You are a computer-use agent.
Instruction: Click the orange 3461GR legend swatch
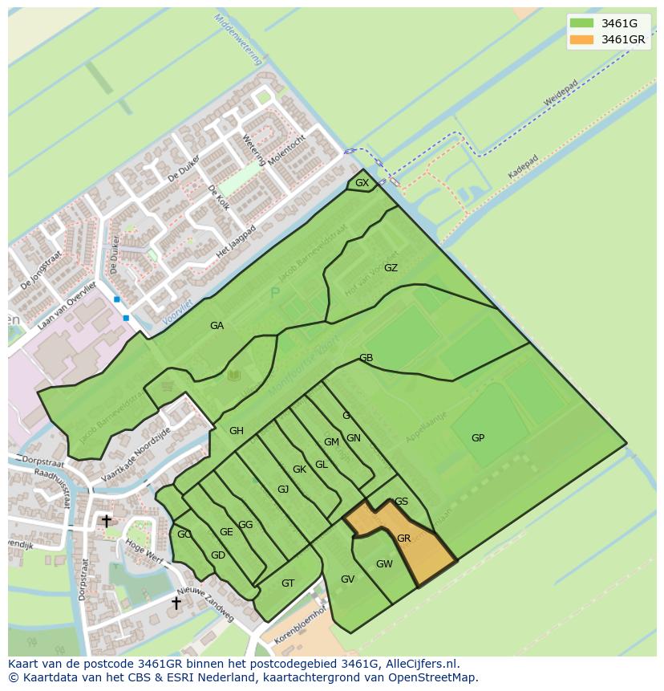pyautogui.click(x=582, y=39)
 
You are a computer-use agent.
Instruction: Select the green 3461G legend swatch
pyautogui.click(x=582, y=22)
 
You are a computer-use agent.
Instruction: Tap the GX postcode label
pyautogui.click(x=362, y=183)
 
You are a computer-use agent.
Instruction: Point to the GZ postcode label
pyautogui.click(x=391, y=268)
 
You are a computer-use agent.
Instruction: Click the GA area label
pyautogui.click(x=217, y=325)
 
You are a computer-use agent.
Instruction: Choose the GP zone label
pyautogui.click(x=478, y=438)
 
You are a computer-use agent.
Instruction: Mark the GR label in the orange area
pyautogui.click(x=403, y=538)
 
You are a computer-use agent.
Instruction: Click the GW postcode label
pyautogui.click(x=384, y=563)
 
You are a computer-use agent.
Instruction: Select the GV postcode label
pyautogui.click(x=347, y=579)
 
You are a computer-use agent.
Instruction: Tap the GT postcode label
pyautogui.click(x=288, y=583)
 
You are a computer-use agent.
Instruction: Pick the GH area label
pyautogui.click(x=236, y=431)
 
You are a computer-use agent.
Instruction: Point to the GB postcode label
pyautogui.click(x=366, y=358)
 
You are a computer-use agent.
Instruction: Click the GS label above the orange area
pyautogui.click(x=402, y=502)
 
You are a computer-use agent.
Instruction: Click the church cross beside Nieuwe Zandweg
pyautogui.click(x=176, y=602)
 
